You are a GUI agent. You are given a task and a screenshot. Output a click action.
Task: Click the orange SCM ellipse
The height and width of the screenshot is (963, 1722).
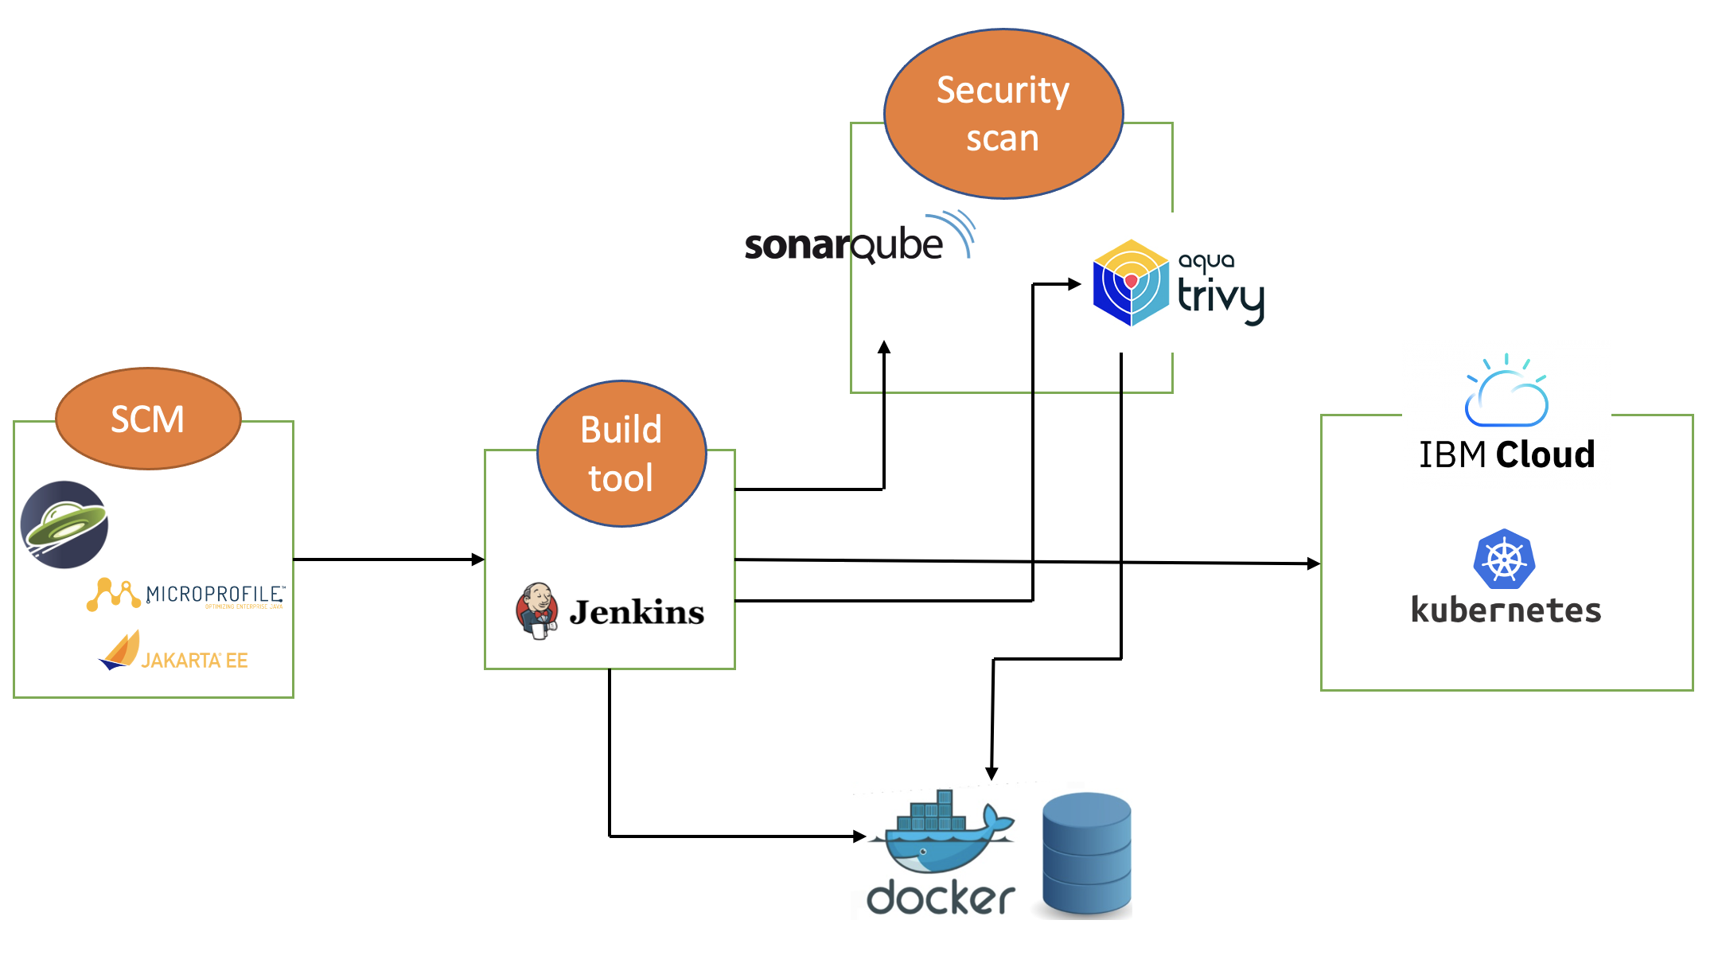[x=148, y=419]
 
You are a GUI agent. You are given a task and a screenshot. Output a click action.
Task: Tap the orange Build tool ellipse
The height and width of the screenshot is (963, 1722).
[x=621, y=454]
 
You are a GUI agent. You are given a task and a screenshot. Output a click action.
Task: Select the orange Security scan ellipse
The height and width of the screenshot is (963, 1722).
[x=1003, y=114]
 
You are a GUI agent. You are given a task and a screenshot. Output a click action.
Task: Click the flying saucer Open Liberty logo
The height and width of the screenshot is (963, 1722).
[x=64, y=524]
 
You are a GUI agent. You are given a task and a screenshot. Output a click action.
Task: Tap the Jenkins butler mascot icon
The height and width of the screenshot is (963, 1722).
[x=537, y=610]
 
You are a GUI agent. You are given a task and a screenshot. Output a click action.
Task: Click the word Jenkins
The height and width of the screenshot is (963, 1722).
[x=637, y=612]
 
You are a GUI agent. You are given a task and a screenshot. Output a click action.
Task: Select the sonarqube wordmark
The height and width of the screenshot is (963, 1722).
[x=843, y=244]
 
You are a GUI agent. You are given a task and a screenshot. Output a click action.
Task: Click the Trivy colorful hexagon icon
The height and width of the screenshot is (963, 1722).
[x=1130, y=283]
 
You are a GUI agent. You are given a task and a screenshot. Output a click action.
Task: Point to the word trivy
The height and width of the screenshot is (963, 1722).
[x=1220, y=297]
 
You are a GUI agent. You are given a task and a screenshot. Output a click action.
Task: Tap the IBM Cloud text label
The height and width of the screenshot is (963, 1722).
[x=1506, y=454]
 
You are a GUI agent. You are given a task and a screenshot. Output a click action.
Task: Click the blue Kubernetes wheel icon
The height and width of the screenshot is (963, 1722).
[x=1503, y=559]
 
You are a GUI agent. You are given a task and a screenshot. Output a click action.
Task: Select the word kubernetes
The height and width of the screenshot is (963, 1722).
[x=1506, y=610]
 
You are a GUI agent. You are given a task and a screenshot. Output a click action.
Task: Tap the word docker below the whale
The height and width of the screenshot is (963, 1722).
[x=940, y=898]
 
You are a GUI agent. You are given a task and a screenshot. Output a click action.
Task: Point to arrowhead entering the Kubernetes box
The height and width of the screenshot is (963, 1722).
[x=1314, y=563]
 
